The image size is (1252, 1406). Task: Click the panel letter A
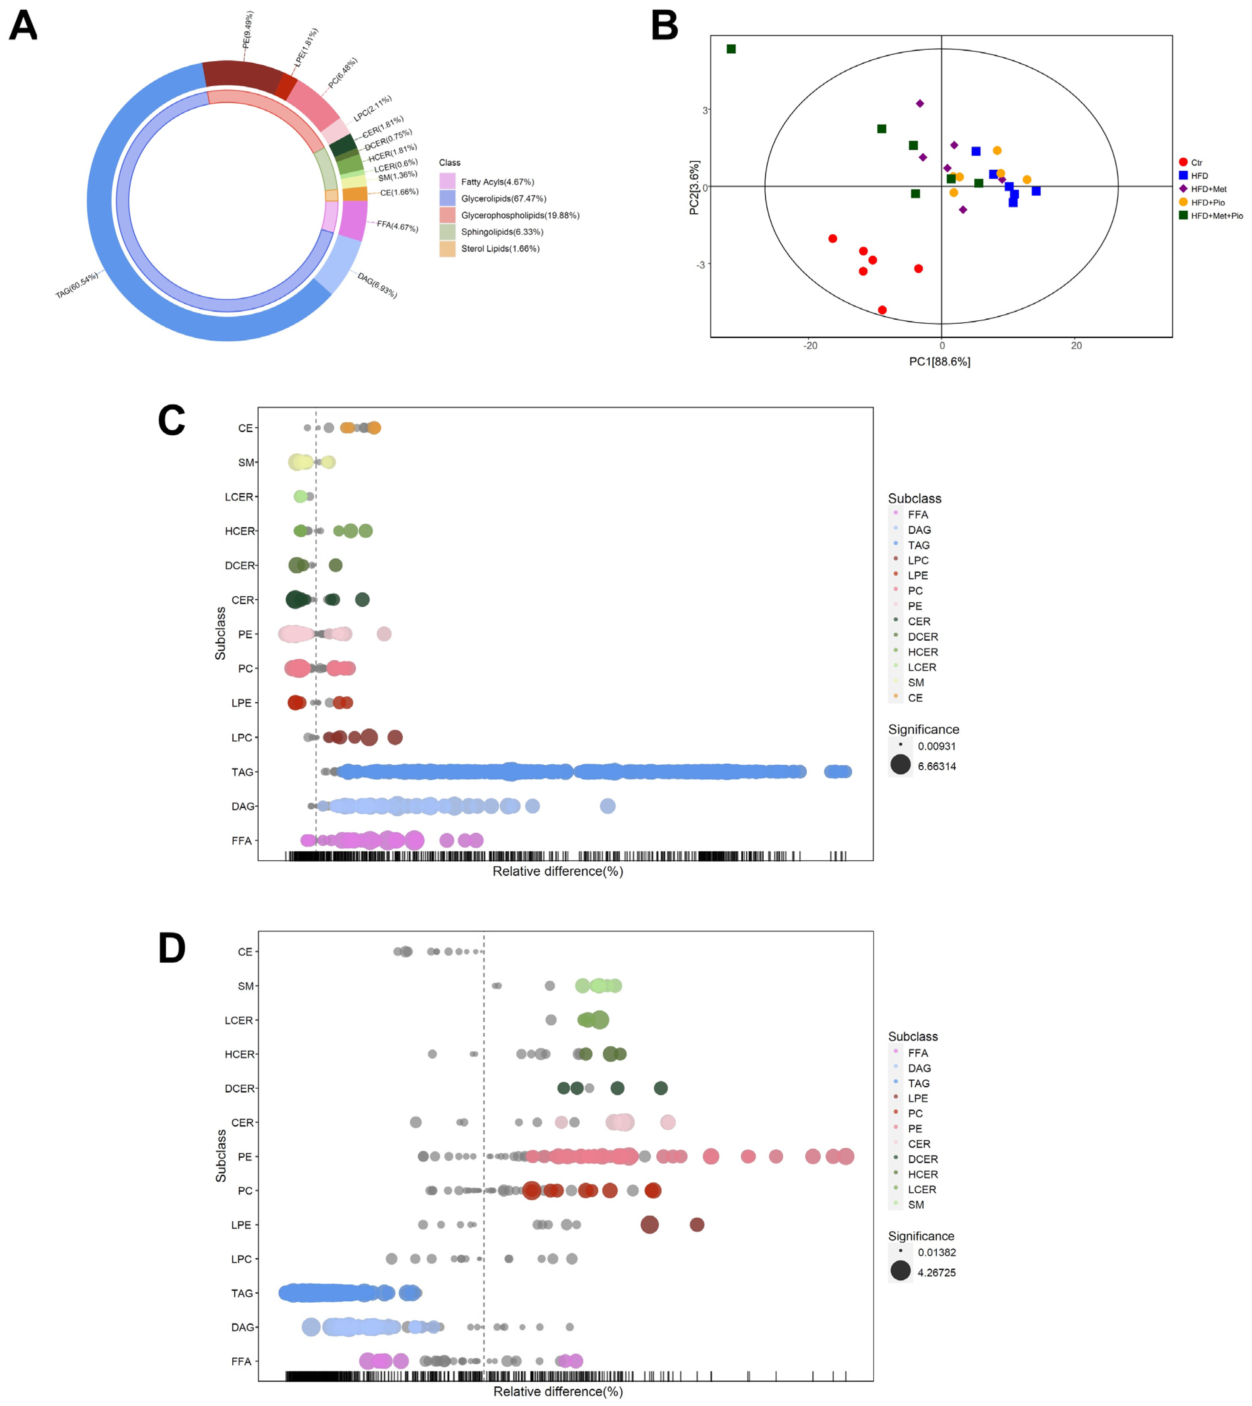[23, 26]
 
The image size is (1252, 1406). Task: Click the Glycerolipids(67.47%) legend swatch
[447, 198]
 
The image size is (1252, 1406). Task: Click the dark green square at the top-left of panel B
[731, 49]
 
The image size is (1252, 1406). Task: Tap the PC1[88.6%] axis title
[940, 362]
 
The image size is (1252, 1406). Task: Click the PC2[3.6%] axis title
[694, 188]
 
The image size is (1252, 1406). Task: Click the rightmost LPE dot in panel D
[697, 1225]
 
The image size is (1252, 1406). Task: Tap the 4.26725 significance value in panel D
[936, 1272]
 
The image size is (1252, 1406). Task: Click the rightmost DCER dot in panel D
[660, 1088]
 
